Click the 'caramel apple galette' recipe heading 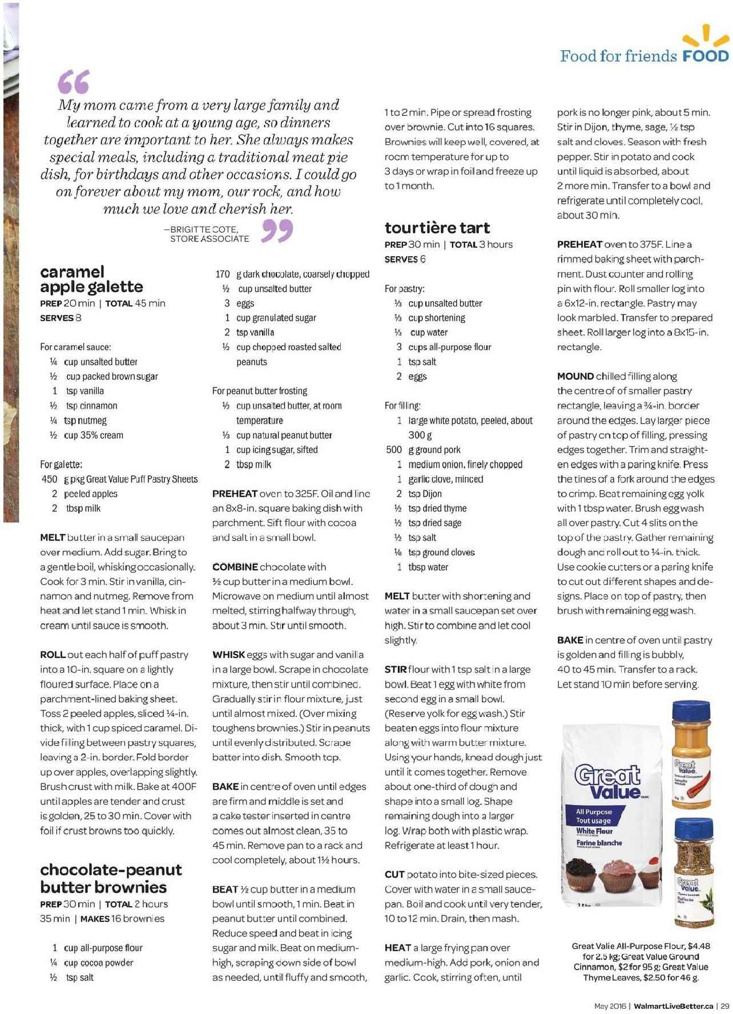coord(91,279)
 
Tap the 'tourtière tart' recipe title coord(437,228)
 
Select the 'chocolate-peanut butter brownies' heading coord(111,878)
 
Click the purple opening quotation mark coord(74,82)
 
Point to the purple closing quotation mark coord(277,231)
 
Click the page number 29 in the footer coord(724,1006)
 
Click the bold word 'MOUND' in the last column coord(575,377)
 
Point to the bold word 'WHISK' coord(228,655)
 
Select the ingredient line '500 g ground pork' coord(423,450)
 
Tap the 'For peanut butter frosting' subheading coord(260,391)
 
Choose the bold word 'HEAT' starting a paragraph coord(398,948)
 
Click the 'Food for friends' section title coord(618,56)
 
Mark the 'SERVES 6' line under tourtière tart coord(405,260)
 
